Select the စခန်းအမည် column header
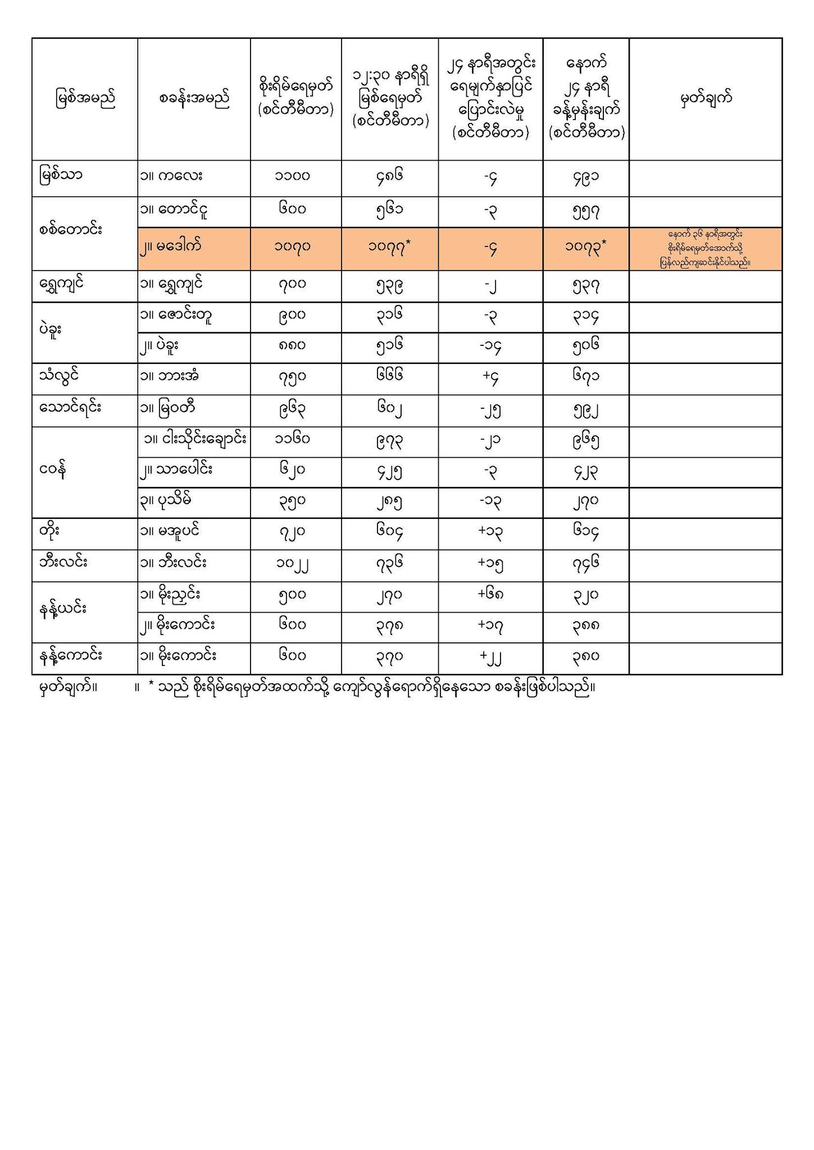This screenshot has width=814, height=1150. pyautogui.click(x=194, y=99)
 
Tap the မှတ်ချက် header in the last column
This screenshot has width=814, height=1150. pyautogui.click(x=706, y=99)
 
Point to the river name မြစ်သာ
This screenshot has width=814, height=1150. pyautogui.click(x=61, y=176)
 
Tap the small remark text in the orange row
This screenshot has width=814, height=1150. pyautogui.click(x=706, y=248)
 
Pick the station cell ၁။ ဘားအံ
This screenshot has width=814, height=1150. pyautogui.click(x=171, y=376)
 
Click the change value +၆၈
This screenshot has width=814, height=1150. pyautogui.click(x=490, y=595)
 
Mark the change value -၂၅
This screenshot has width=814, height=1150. pyautogui.click(x=490, y=410)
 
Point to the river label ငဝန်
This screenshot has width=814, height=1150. pyautogui.click(x=54, y=471)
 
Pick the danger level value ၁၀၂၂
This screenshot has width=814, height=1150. pyautogui.click(x=296, y=563)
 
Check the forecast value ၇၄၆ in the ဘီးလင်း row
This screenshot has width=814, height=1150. pyautogui.click(x=585, y=562)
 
